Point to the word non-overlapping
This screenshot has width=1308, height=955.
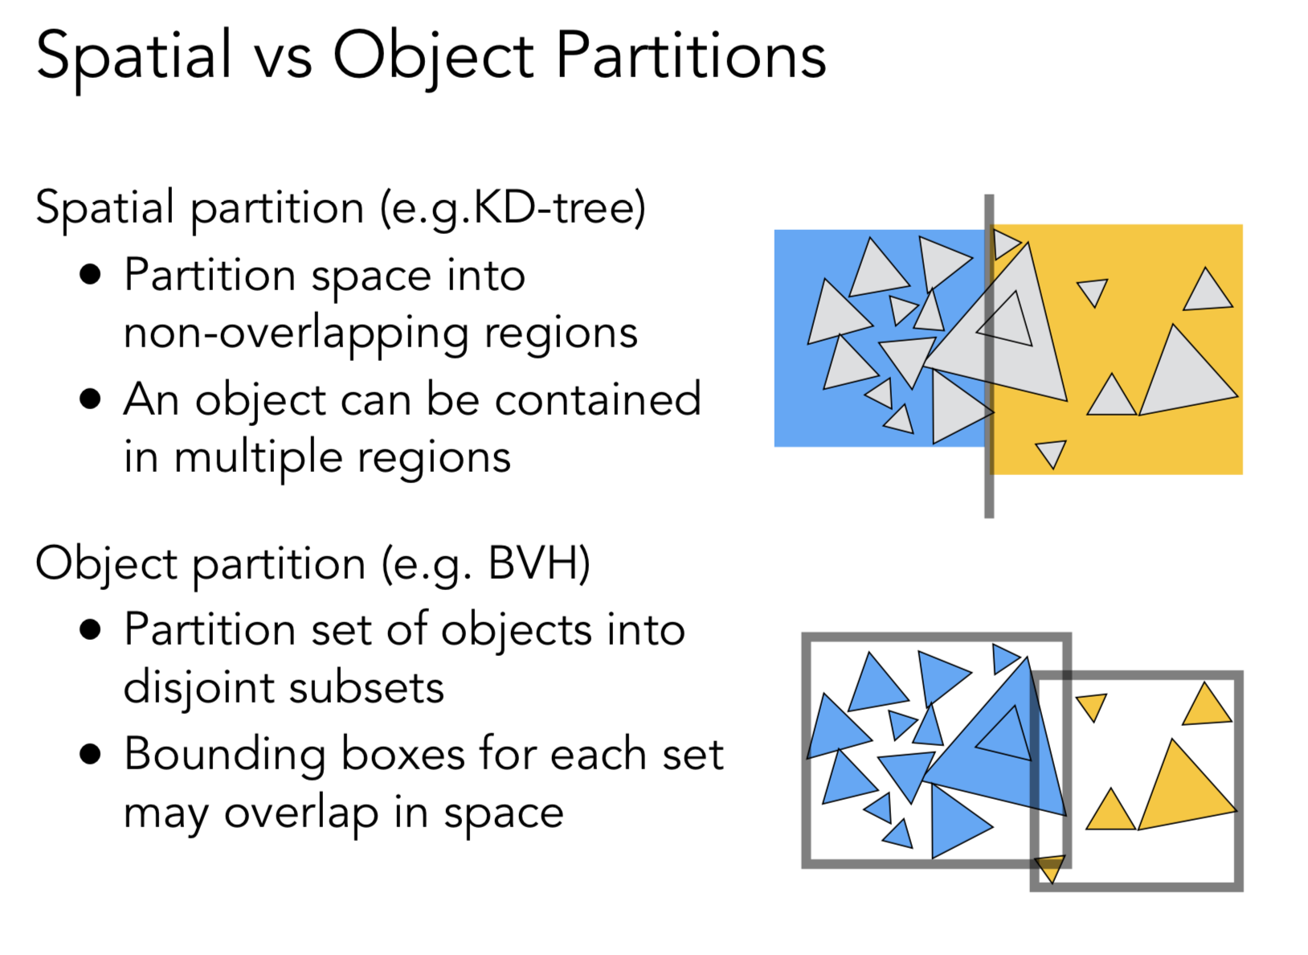380,333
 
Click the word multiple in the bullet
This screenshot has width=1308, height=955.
260,458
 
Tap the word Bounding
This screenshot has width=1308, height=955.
224,754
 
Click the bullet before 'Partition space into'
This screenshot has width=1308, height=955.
91,275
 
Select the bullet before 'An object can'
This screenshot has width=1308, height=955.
91,399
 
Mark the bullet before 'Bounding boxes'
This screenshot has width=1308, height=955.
91,754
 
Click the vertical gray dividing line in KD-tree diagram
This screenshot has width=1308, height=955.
989,482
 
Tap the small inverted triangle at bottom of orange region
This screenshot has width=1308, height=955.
1051,452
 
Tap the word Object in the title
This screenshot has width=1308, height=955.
434,56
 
